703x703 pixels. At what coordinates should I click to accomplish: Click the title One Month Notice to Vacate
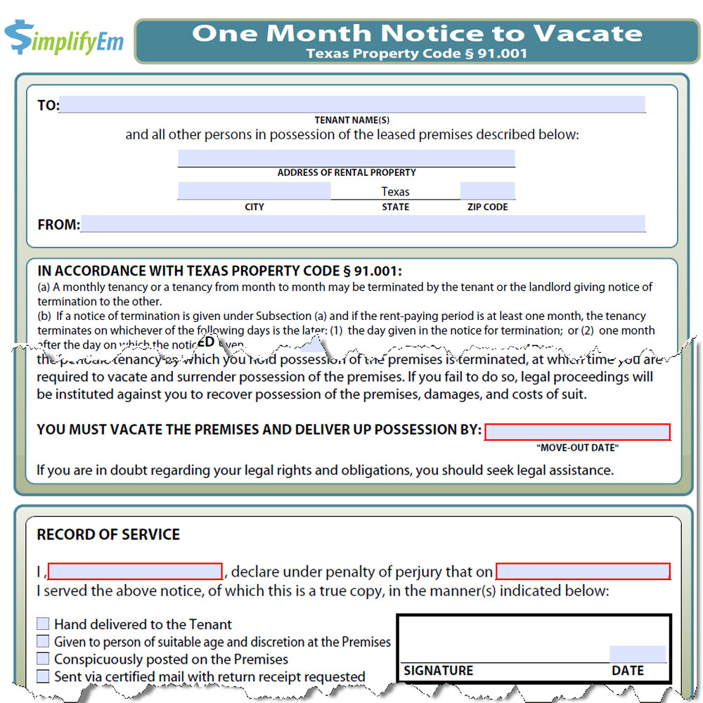click(417, 33)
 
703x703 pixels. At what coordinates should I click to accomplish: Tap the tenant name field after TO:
click(352, 105)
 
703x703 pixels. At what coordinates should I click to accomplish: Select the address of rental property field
click(346, 158)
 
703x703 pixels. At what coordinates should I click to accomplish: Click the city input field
click(254, 191)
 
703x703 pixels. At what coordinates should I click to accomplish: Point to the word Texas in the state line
click(395, 191)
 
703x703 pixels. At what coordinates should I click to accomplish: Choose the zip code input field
click(487, 191)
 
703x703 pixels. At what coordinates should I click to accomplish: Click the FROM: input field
click(363, 224)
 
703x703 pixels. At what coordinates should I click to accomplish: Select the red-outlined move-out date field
click(577, 432)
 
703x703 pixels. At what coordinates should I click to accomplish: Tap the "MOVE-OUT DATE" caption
click(577, 448)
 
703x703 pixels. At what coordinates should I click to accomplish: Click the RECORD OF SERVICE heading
click(108, 534)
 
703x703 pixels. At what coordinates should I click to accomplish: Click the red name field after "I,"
click(135, 571)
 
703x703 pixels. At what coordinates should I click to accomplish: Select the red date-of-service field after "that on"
click(583, 571)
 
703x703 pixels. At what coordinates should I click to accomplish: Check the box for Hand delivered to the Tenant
click(44, 624)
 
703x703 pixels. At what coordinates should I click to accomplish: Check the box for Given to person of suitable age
click(44, 641)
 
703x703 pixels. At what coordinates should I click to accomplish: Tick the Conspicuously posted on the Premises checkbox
click(44, 659)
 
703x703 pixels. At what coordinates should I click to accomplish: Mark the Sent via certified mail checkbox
click(44, 676)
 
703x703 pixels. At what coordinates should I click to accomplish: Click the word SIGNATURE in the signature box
click(439, 671)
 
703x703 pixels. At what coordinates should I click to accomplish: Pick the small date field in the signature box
click(637, 654)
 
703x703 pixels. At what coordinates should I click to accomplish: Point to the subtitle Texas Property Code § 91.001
click(417, 53)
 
